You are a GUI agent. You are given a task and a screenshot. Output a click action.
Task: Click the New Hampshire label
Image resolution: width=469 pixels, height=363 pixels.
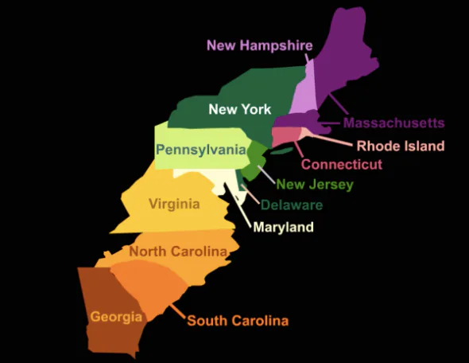(259, 45)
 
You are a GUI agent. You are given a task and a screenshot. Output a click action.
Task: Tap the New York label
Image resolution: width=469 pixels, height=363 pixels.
(239, 109)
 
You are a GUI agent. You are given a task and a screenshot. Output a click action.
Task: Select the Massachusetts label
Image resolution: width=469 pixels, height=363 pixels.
(393, 123)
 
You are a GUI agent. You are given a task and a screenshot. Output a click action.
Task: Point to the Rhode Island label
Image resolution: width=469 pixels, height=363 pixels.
(400, 146)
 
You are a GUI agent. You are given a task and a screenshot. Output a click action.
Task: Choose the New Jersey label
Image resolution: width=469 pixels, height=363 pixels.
(314, 185)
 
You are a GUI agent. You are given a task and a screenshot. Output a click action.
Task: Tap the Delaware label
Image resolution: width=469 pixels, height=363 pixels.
(292, 205)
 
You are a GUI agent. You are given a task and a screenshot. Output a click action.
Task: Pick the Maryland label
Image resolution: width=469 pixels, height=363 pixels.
(283, 228)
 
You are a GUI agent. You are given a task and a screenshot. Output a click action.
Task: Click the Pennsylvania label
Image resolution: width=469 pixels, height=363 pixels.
(200, 150)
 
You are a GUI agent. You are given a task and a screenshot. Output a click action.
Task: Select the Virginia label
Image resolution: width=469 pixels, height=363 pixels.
(174, 204)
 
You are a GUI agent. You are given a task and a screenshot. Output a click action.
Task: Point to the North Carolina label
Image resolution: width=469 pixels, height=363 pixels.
(178, 252)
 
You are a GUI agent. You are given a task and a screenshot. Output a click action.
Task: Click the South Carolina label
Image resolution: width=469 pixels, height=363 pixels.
(237, 321)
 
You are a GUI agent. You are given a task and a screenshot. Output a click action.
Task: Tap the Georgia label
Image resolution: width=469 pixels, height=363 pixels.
(116, 316)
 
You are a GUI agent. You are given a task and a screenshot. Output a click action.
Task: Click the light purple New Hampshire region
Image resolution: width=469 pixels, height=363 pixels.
(304, 100)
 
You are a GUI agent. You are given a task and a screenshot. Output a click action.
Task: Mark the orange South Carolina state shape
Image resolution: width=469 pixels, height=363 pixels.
(147, 287)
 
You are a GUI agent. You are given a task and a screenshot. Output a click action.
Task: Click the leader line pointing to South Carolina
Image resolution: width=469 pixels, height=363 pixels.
(176, 313)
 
